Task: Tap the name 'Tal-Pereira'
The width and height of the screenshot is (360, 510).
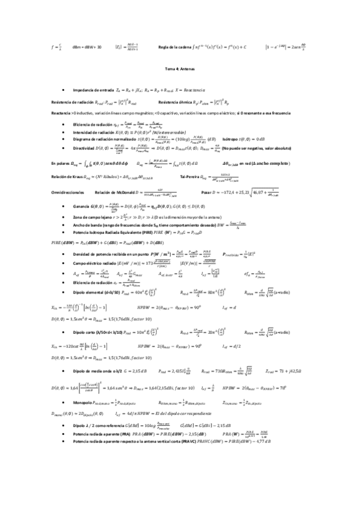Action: (191, 177)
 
